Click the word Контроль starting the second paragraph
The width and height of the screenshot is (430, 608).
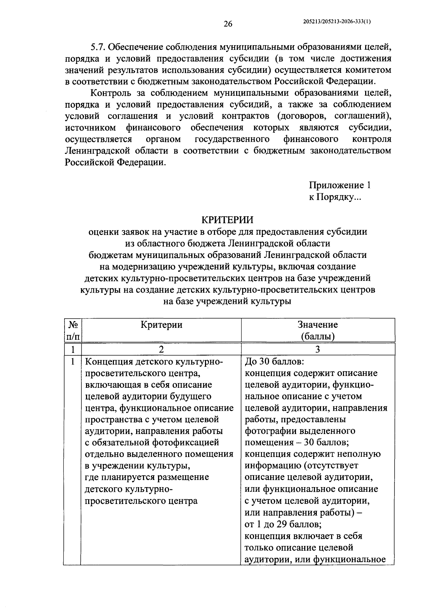(x=112, y=93)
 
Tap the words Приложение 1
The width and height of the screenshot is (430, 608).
(x=339, y=185)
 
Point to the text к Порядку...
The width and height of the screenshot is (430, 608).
(x=336, y=197)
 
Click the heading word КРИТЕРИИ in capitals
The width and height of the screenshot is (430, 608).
(x=228, y=220)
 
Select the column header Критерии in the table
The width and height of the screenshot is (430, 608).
(x=161, y=325)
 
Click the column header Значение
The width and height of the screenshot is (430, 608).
(x=317, y=325)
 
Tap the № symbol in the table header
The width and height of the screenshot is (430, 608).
(x=73, y=325)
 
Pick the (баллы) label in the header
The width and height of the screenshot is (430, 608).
(x=317, y=336)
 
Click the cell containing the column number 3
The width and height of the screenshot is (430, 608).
(x=317, y=349)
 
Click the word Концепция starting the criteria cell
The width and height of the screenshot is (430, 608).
(x=109, y=361)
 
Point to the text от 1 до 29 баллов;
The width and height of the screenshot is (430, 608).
(x=283, y=524)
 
